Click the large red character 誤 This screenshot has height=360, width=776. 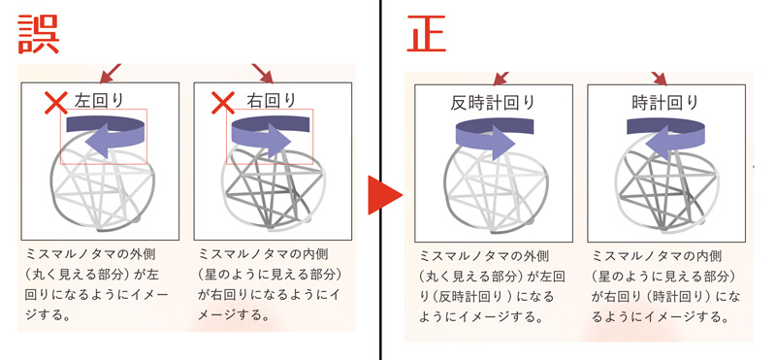click(x=40, y=33)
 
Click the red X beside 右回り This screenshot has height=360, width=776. click(x=224, y=101)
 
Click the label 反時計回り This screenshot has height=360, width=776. click(x=494, y=102)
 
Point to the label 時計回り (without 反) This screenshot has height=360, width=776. click(x=665, y=102)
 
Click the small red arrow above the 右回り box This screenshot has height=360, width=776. click(x=263, y=72)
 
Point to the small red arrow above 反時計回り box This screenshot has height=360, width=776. click(x=501, y=76)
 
